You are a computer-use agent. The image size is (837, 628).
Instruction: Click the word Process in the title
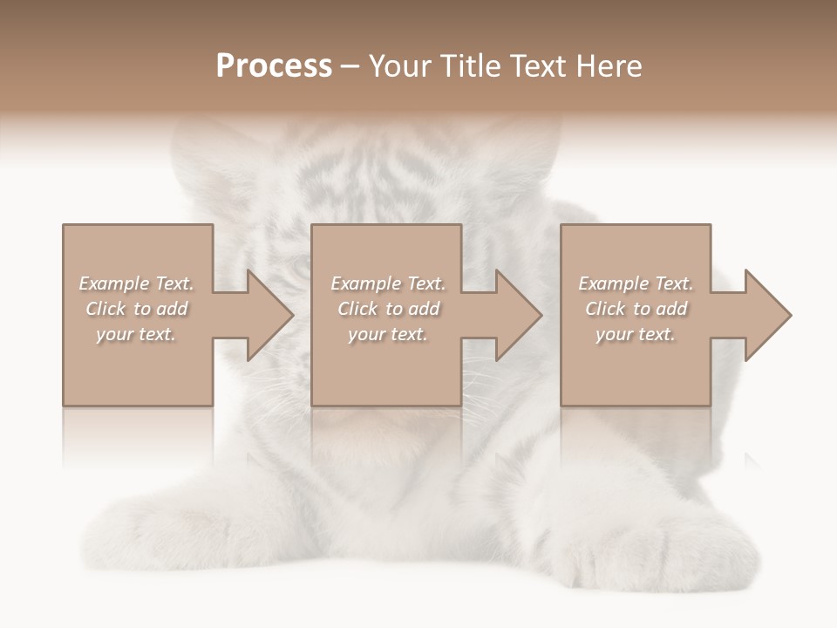[x=274, y=66]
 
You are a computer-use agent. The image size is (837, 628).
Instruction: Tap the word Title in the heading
[x=470, y=66]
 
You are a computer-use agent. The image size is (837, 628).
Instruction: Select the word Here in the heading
[x=607, y=66]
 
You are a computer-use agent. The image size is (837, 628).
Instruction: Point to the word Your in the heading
[x=401, y=66]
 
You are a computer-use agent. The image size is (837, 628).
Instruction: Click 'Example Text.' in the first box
[x=136, y=283]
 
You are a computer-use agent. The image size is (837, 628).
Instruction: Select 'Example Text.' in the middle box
[x=388, y=283]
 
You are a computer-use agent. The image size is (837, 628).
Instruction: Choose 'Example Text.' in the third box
[x=636, y=283]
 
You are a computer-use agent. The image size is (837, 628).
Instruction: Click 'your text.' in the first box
[x=136, y=334]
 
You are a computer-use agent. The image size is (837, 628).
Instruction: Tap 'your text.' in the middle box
[x=388, y=334]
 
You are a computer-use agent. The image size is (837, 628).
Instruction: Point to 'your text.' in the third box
[x=636, y=334]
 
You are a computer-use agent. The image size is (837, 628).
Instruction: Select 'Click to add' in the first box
[x=136, y=309]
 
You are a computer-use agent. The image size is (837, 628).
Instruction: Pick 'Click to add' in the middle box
[x=388, y=309]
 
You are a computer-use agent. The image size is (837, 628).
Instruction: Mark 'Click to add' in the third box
[x=636, y=309]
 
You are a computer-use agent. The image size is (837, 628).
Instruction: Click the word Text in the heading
[x=535, y=66]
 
